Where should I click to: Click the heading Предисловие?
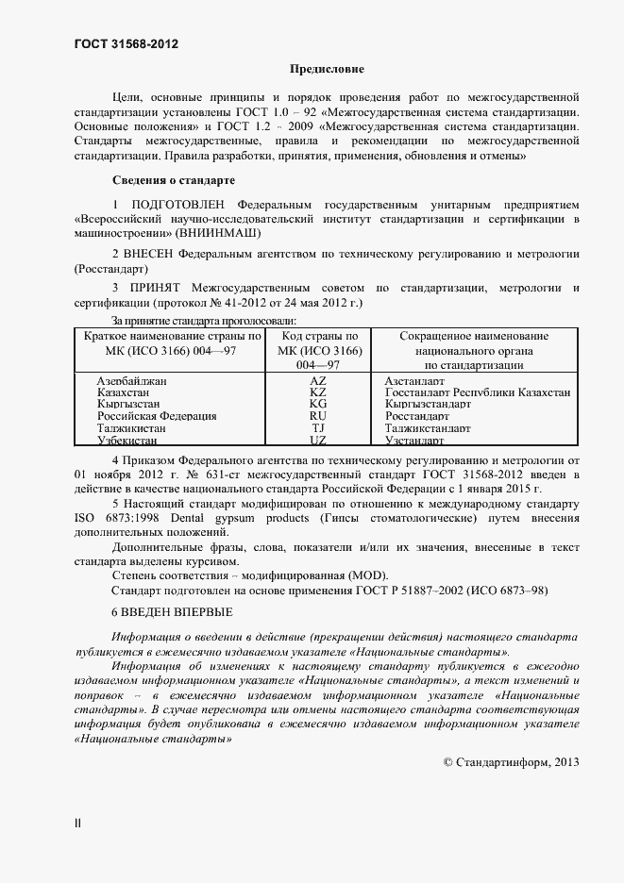(326, 70)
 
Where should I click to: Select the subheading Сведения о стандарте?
(174, 179)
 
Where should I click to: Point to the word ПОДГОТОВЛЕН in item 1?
(179, 205)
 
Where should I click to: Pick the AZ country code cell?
(317, 380)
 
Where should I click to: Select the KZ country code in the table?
(317, 392)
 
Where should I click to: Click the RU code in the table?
(317, 416)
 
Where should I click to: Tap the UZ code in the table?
(317, 441)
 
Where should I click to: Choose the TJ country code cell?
(317, 428)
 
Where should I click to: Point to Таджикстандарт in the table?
(428, 428)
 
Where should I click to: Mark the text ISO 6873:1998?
(112, 517)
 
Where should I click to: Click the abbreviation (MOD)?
(366, 575)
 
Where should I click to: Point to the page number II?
(77, 823)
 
